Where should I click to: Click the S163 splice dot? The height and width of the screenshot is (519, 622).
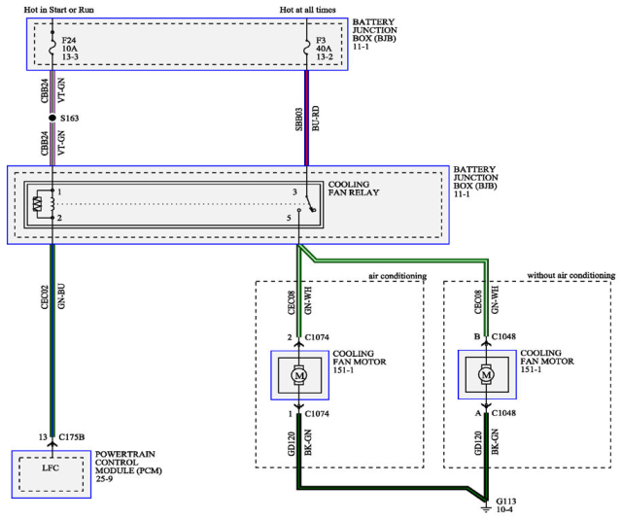52,118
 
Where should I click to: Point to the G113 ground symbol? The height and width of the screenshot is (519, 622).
486,507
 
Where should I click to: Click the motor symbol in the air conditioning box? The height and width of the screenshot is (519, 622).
299,375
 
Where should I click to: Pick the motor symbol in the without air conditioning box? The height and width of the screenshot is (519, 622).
486,374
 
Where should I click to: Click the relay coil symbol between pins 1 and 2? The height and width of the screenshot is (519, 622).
52,204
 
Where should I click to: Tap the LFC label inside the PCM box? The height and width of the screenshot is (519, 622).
51,467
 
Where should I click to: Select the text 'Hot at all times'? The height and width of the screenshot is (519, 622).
307,10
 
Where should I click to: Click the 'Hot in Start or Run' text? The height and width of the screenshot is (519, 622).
58,10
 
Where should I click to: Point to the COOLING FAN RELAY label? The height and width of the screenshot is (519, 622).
354,189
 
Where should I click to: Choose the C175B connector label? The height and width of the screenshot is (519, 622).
71,436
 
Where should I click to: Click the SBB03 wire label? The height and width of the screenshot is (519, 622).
299,120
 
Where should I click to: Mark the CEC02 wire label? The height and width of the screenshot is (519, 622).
45,296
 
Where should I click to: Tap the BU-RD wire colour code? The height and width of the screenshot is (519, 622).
316,119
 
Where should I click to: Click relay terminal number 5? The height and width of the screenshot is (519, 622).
289,218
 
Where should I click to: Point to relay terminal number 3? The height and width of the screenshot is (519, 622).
294,192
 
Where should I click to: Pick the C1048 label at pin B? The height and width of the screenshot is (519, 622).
503,336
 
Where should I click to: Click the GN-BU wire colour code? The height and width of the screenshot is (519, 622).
61,296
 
